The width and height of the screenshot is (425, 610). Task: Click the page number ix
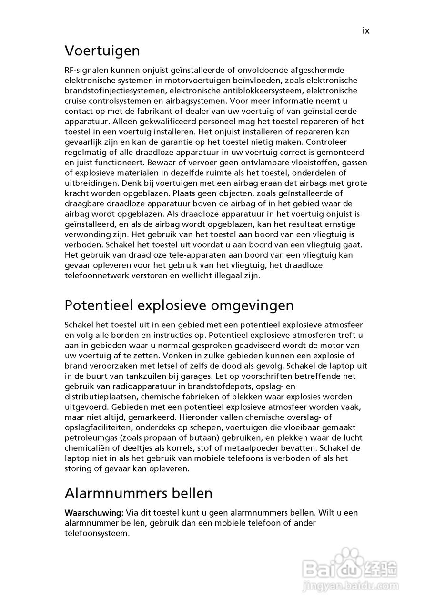(365, 30)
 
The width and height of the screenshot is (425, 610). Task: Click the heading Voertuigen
(102, 51)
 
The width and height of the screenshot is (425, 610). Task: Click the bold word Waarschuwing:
(94, 513)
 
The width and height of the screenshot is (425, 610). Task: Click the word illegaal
(223, 275)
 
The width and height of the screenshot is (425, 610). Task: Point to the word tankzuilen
(137, 376)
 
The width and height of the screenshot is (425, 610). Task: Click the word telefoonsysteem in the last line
(97, 533)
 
